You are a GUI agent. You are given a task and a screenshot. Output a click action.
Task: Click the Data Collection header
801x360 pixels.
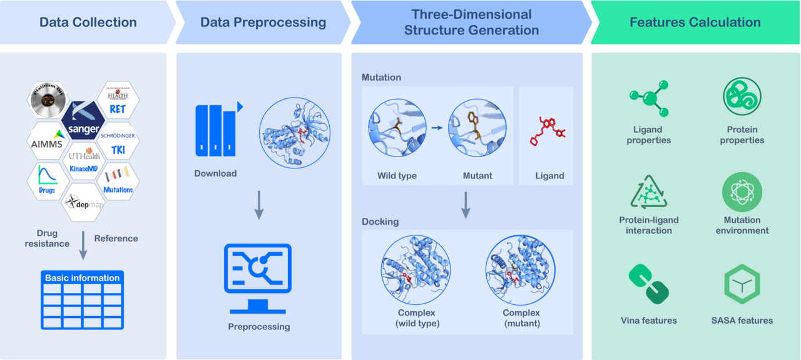pos(88,23)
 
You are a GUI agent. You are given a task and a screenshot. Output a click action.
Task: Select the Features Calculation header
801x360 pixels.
pos(695,23)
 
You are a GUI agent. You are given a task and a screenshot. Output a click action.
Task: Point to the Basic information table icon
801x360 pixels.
pos(83,300)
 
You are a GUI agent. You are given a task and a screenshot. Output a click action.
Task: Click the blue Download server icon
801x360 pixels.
pos(216,130)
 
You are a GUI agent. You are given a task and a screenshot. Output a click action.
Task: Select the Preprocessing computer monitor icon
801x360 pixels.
pos(258,279)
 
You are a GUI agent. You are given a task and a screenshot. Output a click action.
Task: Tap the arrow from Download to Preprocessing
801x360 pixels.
pos(258,205)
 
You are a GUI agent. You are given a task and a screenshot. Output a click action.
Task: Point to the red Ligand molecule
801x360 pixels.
pos(548,131)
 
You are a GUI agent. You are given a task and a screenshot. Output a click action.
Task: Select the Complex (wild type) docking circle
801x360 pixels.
pos(415,270)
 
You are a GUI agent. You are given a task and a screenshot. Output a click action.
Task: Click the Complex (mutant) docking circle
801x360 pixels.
pos(521,270)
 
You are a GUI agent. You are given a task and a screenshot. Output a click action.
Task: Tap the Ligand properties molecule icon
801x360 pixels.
pos(648,99)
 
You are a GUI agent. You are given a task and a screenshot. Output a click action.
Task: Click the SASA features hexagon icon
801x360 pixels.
pos(742,285)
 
